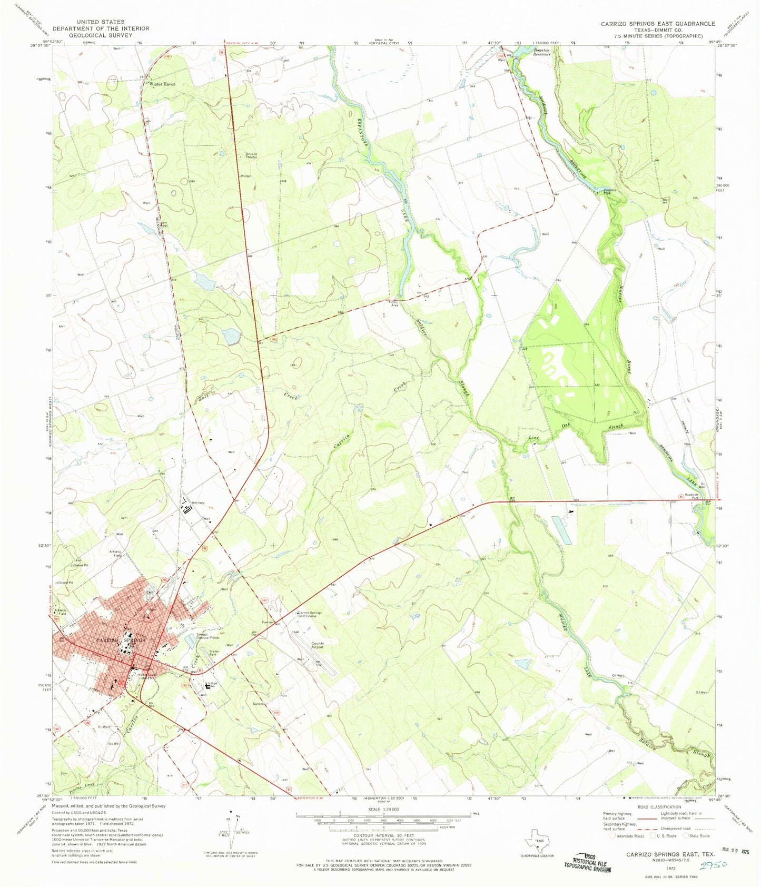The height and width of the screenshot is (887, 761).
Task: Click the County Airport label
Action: coord(318,645)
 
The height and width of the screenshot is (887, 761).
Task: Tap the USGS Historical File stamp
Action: coord(588,862)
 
